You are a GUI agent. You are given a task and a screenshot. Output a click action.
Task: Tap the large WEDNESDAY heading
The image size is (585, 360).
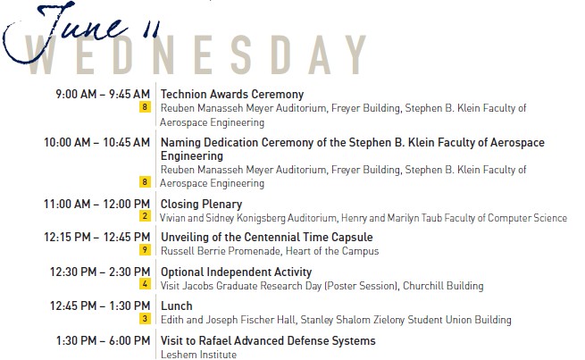[x=196, y=54]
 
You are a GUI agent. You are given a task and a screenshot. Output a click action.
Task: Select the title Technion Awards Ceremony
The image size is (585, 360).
[x=232, y=94]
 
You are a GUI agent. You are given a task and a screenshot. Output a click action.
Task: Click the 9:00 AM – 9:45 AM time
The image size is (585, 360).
[x=103, y=94]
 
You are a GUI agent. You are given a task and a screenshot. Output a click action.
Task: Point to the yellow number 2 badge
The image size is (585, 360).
[x=145, y=215]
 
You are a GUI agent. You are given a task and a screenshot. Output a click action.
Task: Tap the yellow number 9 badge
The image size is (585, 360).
[x=145, y=249]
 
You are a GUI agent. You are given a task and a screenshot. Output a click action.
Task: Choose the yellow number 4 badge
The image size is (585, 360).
[x=145, y=284]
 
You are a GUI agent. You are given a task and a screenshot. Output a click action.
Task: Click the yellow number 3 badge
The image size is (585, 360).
[x=145, y=319]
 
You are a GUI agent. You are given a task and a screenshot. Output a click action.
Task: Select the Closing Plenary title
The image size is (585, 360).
[x=201, y=204]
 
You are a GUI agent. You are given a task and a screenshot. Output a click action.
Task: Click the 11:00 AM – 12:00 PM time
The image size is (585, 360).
[x=96, y=204]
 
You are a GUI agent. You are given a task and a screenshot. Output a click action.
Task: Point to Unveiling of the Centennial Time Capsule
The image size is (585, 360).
[x=267, y=238]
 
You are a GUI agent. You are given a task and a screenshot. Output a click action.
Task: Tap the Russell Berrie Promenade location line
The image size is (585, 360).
[x=270, y=251]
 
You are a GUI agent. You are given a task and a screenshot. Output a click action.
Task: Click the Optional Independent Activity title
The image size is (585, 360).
[x=236, y=272]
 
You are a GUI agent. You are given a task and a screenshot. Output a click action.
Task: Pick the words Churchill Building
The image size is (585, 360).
[x=443, y=286]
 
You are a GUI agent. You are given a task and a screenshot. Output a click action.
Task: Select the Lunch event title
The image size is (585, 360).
[x=177, y=306]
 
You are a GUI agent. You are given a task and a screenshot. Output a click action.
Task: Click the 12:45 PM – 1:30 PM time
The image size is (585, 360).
[x=100, y=306]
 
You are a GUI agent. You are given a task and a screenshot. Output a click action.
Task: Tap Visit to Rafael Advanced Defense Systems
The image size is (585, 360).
[x=268, y=340]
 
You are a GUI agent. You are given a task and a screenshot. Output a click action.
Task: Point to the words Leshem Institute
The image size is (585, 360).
[x=198, y=355]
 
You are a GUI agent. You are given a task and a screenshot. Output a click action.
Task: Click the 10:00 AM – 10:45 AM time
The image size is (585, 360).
[x=96, y=143]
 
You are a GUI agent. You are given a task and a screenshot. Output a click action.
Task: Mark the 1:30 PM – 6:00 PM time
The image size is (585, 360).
[x=103, y=340]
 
